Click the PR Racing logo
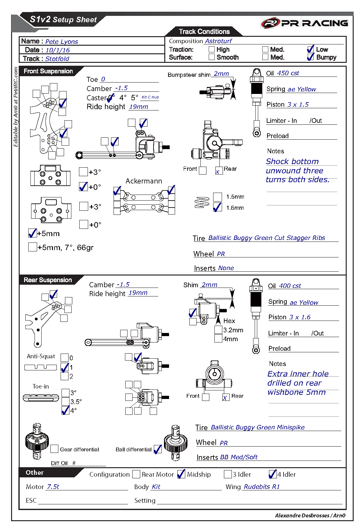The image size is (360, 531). pos(304,23)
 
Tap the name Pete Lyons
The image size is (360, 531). pos(62,42)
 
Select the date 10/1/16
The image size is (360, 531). pos(57,50)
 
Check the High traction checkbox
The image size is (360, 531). pos(212,49)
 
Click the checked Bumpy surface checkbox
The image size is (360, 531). pos(311,57)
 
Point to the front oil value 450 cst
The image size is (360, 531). pos(288,73)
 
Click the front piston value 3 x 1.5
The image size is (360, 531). pos(298,104)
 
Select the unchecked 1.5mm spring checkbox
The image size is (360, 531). pos(217,197)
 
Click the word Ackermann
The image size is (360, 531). pos(144,181)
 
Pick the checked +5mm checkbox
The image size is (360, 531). pos(32,233)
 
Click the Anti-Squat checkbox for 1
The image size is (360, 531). pos(64,367)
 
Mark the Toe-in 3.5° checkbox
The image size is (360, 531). pos(65,401)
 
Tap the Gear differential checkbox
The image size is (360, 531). pos(55,449)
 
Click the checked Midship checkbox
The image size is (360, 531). pos(181,474)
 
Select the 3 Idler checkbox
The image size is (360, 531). pos(228,474)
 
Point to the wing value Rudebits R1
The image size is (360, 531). pos(262,487)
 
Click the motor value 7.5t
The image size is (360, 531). pos(53,487)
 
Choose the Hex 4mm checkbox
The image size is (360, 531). pos(218,339)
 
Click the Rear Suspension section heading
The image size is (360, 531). pos(48,280)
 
